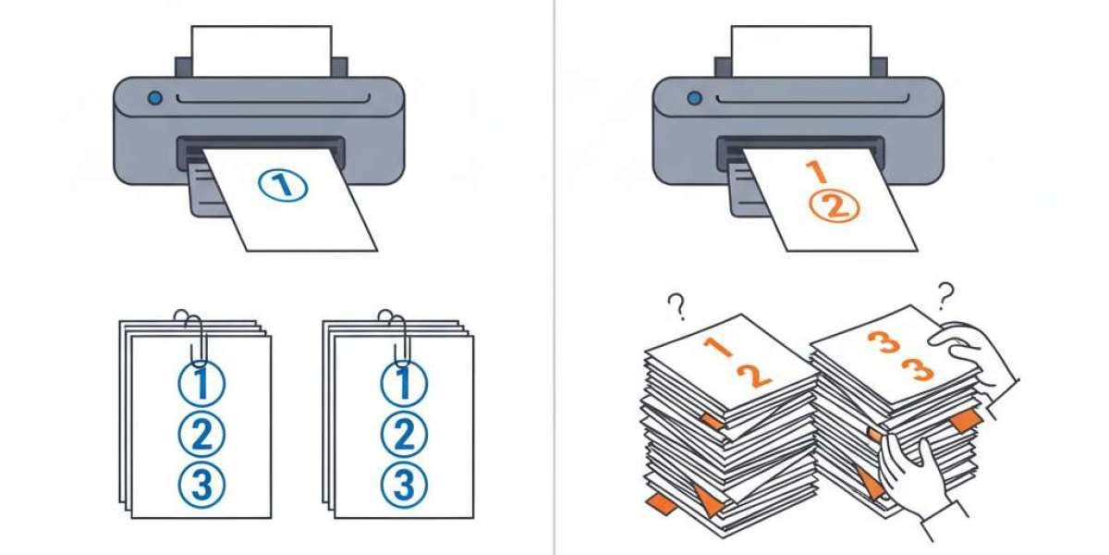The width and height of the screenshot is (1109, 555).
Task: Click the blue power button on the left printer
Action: (155, 98)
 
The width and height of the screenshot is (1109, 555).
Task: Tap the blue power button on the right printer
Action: (694, 98)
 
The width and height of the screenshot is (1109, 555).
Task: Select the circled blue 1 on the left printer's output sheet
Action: (283, 185)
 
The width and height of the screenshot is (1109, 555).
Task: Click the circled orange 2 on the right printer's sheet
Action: (835, 206)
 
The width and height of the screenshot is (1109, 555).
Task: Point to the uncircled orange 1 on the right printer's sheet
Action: (816, 171)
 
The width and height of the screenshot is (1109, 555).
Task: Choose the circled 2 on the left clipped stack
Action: (201, 435)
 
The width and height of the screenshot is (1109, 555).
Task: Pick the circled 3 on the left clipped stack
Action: (201, 485)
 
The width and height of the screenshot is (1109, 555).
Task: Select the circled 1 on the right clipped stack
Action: (404, 384)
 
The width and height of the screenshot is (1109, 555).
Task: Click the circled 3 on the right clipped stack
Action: (404, 485)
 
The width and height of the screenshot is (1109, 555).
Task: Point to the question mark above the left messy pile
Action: (676, 307)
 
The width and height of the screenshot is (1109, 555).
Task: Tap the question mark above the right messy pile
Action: (946, 296)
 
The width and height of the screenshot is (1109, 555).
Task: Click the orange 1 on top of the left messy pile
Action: (718, 347)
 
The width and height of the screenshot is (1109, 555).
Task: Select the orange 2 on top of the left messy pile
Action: (754, 376)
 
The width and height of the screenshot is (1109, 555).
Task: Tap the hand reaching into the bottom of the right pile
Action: (916, 475)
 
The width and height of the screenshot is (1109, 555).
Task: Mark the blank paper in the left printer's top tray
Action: (262, 51)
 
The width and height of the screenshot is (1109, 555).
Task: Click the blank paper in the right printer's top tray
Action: (801, 51)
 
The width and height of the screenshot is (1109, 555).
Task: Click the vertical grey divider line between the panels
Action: (554, 277)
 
